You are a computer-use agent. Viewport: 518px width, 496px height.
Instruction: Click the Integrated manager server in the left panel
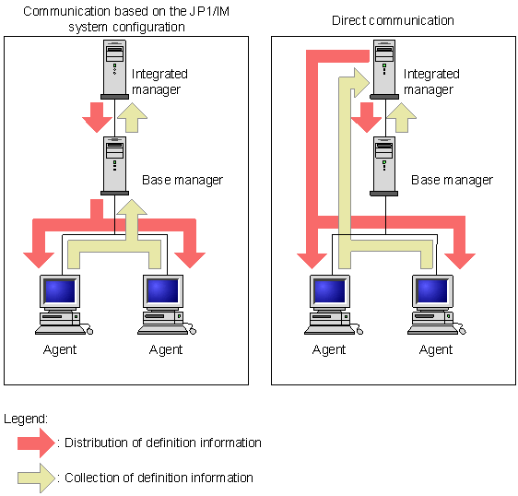tap(114, 69)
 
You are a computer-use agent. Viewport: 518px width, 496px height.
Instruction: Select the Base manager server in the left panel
tap(114, 166)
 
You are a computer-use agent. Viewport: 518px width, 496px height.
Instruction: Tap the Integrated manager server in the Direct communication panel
tap(384, 69)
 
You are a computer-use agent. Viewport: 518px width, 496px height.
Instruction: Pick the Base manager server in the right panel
tap(383, 166)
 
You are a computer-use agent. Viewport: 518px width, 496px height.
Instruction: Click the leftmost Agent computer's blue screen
tap(60, 290)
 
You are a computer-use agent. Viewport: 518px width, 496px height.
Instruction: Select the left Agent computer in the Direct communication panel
tap(334, 304)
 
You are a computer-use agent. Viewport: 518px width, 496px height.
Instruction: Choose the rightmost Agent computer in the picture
tap(436, 304)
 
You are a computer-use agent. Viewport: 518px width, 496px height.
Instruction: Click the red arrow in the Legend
tap(36, 443)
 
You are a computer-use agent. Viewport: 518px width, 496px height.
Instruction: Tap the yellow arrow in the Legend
tap(36, 478)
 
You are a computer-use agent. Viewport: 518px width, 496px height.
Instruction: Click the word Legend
tap(26, 419)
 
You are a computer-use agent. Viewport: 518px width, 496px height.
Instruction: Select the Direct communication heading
tap(393, 20)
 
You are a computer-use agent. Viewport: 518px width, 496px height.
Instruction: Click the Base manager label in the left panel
tap(182, 180)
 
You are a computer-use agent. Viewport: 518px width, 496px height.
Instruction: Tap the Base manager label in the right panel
tap(452, 180)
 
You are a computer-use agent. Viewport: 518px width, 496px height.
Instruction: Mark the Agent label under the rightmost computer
tap(436, 349)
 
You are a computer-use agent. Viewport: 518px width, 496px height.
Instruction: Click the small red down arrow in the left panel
tap(97, 117)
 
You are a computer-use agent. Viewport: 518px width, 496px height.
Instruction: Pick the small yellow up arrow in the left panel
tap(132, 117)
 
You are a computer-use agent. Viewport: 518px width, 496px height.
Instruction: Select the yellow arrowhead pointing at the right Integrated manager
tap(361, 83)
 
